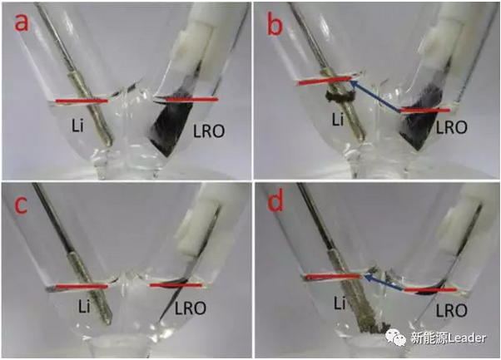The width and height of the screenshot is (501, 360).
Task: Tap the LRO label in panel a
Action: tap(209, 131)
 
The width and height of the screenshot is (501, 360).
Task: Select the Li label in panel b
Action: tap(337, 120)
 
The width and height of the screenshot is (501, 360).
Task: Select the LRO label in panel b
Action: tap(451, 127)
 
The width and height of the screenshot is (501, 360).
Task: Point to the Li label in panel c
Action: tap(84, 307)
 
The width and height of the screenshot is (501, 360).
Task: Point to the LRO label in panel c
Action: tap(190, 308)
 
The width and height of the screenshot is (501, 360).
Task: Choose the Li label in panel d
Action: tap(340, 303)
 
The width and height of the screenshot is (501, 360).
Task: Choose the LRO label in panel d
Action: tap(451, 310)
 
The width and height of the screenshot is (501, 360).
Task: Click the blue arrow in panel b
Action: tap(375, 96)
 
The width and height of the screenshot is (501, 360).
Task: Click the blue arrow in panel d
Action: tap(384, 283)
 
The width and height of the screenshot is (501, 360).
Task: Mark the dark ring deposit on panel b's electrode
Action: tap(340, 96)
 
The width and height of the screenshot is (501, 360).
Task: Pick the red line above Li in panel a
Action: tap(82, 101)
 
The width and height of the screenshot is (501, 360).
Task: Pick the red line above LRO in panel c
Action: tap(176, 285)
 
